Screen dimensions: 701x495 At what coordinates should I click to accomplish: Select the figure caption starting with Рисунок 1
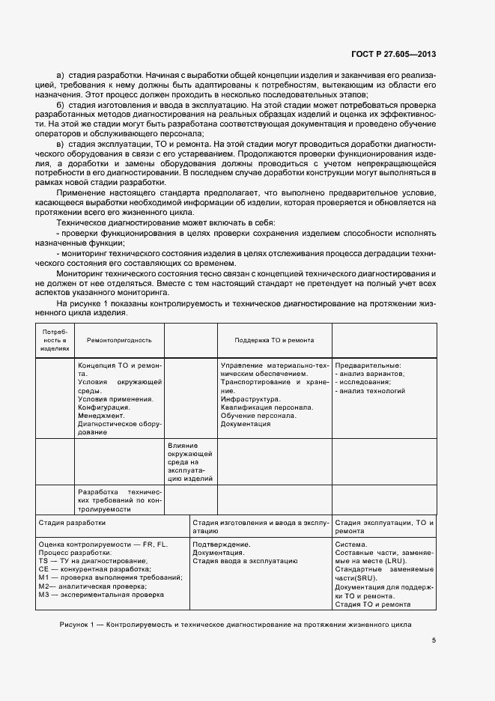tap(234, 624)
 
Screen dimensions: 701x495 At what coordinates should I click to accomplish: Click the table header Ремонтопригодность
tap(119, 340)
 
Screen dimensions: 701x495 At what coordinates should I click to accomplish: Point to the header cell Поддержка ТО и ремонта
tap(274, 340)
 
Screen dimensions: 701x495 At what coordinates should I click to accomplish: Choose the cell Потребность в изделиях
tap(55, 339)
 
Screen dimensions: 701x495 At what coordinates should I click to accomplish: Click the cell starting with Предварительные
tap(368, 365)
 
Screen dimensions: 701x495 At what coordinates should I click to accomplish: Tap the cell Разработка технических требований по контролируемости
tap(119, 499)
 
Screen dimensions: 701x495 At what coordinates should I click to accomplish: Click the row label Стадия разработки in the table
tap(72, 523)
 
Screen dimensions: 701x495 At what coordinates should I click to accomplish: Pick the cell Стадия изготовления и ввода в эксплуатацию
tap(259, 526)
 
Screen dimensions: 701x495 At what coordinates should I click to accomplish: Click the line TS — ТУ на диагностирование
tap(93, 561)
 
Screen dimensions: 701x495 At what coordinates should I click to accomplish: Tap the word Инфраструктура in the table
tap(250, 398)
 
